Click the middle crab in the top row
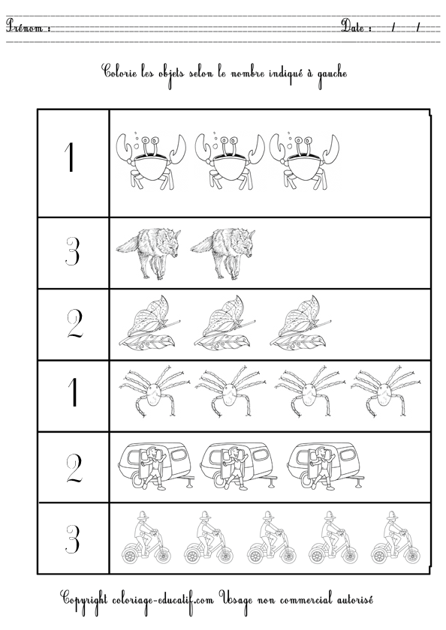coord(230,160)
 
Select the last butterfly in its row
coord(300,322)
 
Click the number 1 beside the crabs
coord(70,158)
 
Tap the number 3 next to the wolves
coord(72,251)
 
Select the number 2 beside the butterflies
coord(74,324)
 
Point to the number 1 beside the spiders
coord(73,392)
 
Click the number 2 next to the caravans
coord(74,469)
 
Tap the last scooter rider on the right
coord(396,537)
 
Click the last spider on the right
coord(383,390)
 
